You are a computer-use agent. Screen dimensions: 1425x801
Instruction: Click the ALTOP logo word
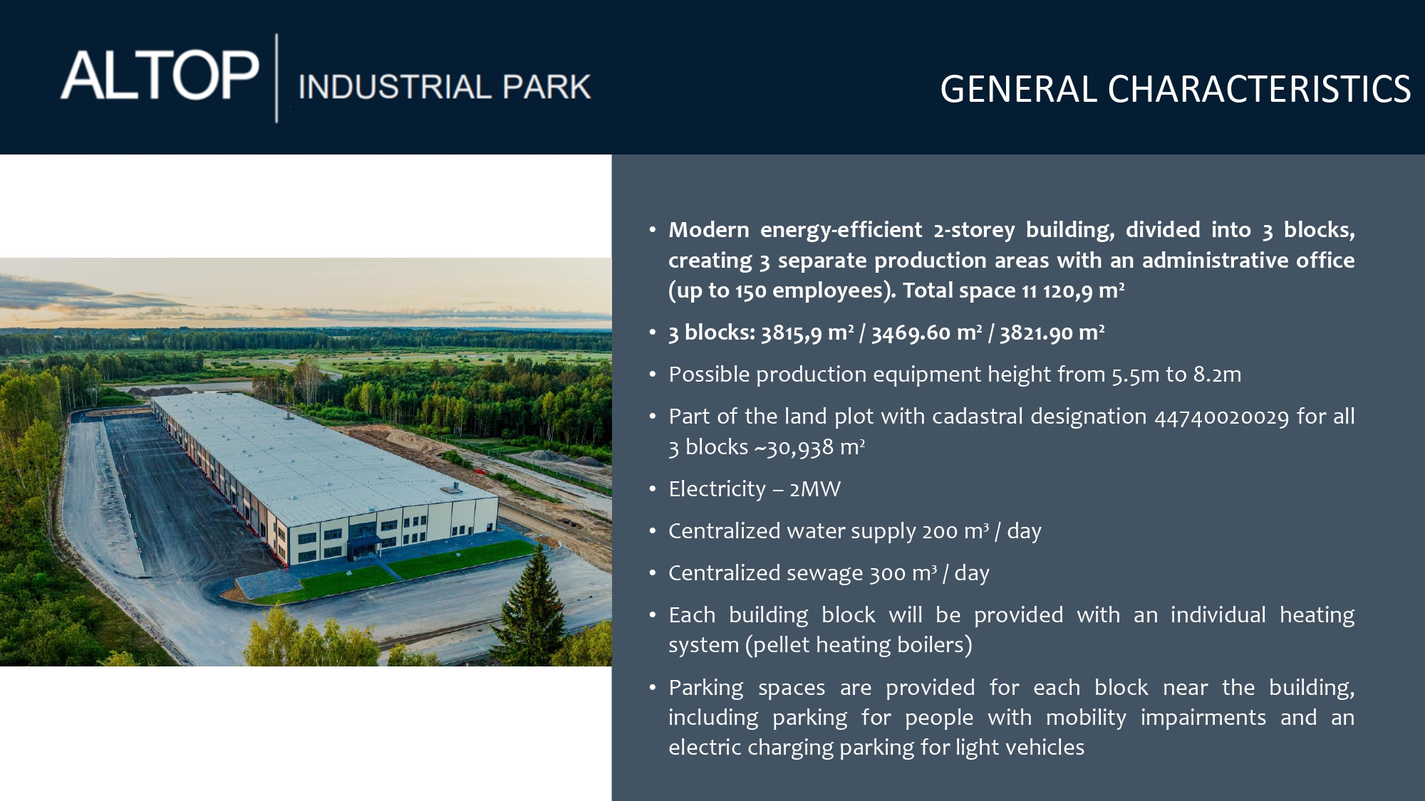click(160, 75)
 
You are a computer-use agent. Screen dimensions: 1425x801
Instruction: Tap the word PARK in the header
click(546, 87)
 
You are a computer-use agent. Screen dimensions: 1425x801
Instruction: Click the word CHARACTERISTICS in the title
click(1259, 89)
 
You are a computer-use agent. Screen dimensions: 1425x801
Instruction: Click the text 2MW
click(814, 489)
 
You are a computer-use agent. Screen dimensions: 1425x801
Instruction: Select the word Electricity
click(717, 489)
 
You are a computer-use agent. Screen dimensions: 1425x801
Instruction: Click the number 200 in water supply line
click(939, 531)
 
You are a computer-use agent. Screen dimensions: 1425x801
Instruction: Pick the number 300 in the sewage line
click(887, 573)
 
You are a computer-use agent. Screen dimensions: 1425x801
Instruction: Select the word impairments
click(1203, 718)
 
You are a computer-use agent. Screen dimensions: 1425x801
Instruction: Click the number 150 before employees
click(750, 290)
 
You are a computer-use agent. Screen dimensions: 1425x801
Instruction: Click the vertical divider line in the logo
click(277, 78)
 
